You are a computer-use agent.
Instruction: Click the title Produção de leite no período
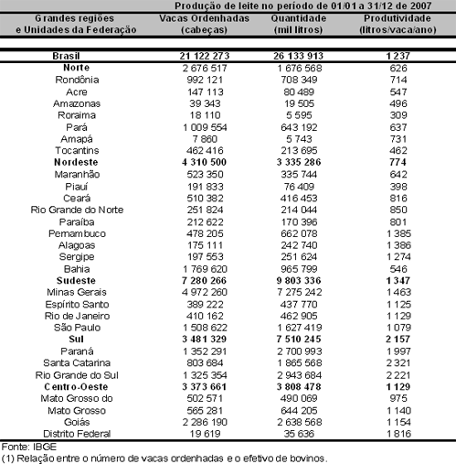pyautogui.click(x=289, y=5)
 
